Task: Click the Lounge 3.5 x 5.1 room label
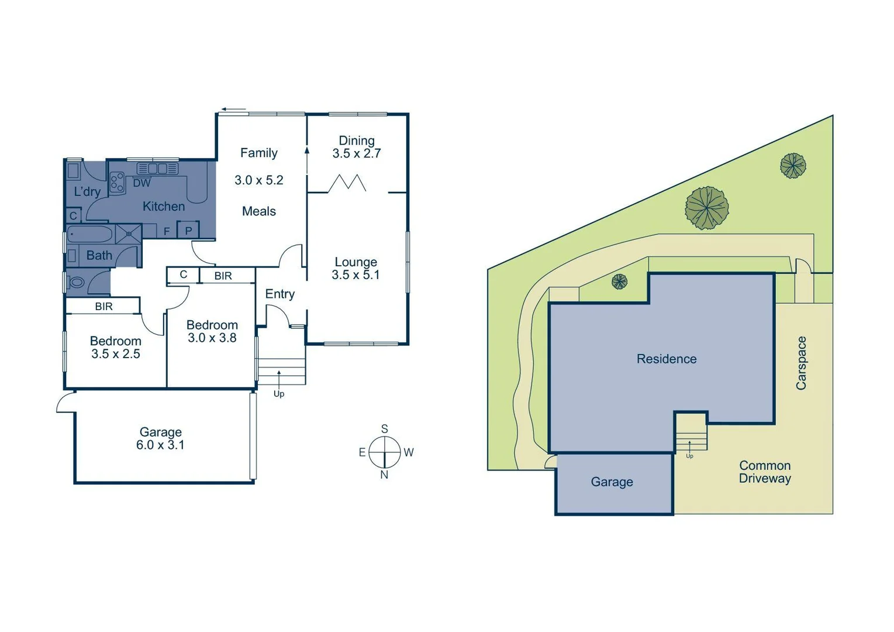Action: point(355,269)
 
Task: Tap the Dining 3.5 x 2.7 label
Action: point(356,147)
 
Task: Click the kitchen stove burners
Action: point(117,182)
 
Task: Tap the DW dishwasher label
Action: point(141,183)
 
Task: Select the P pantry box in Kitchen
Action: point(188,231)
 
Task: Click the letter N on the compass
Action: point(384,475)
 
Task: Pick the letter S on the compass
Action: point(384,429)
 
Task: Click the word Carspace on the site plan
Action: point(801,363)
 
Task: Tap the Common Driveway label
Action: point(765,472)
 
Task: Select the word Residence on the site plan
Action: point(667,359)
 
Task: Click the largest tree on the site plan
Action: point(707,208)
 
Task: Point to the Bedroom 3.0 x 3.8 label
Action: point(212,331)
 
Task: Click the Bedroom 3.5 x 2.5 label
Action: point(116,347)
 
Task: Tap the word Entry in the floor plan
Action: point(279,294)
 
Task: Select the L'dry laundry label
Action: point(87,191)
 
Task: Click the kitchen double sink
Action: point(157,169)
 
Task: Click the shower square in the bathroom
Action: point(129,234)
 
